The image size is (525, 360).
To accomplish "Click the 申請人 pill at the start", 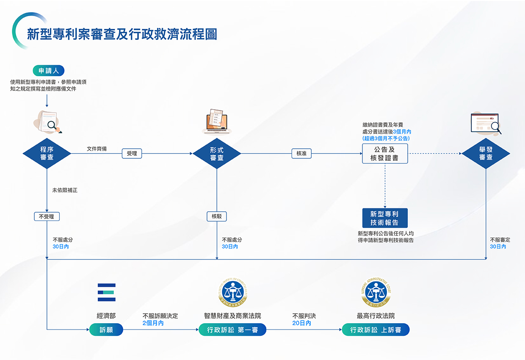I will click(48, 71).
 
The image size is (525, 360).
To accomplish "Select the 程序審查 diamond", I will click(47, 153).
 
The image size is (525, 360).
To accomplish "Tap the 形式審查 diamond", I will click(217, 153).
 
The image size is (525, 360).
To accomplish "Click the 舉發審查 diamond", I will click(486, 153).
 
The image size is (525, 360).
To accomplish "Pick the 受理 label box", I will click(132, 153).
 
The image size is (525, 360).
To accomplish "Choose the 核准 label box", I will click(301, 153).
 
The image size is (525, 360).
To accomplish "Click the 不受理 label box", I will click(47, 216).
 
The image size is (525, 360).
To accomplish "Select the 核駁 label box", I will click(217, 216).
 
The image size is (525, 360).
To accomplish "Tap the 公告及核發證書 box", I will click(385, 153).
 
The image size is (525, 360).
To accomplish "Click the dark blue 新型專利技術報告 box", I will click(385, 218).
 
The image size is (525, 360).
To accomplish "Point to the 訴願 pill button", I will click(106, 330).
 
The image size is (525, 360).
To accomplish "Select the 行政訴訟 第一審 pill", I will click(232, 330).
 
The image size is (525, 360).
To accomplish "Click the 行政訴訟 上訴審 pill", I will click(376, 330).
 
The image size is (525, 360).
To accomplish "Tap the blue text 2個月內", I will click(153, 323).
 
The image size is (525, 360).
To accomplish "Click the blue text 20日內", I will click(302, 323).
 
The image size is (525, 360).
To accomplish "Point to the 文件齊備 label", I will click(97, 149).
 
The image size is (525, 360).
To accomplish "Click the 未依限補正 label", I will click(65, 191).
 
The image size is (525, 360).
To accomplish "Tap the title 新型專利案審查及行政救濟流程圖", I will click(122, 34).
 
